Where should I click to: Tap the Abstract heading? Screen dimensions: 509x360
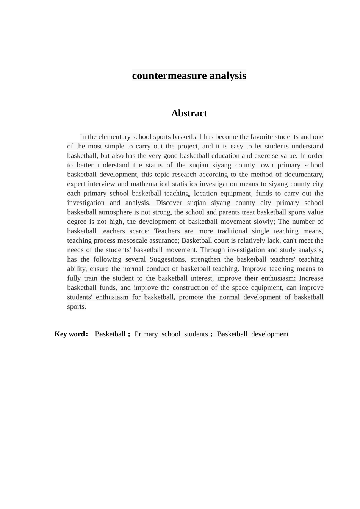(189, 113)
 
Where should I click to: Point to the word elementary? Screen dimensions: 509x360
(115, 137)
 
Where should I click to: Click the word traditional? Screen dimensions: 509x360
(232, 231)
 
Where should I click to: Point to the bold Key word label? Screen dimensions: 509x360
(71, 334)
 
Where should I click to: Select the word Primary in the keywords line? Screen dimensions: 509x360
(146, 334)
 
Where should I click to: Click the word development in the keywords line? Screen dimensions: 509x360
(270, 334)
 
